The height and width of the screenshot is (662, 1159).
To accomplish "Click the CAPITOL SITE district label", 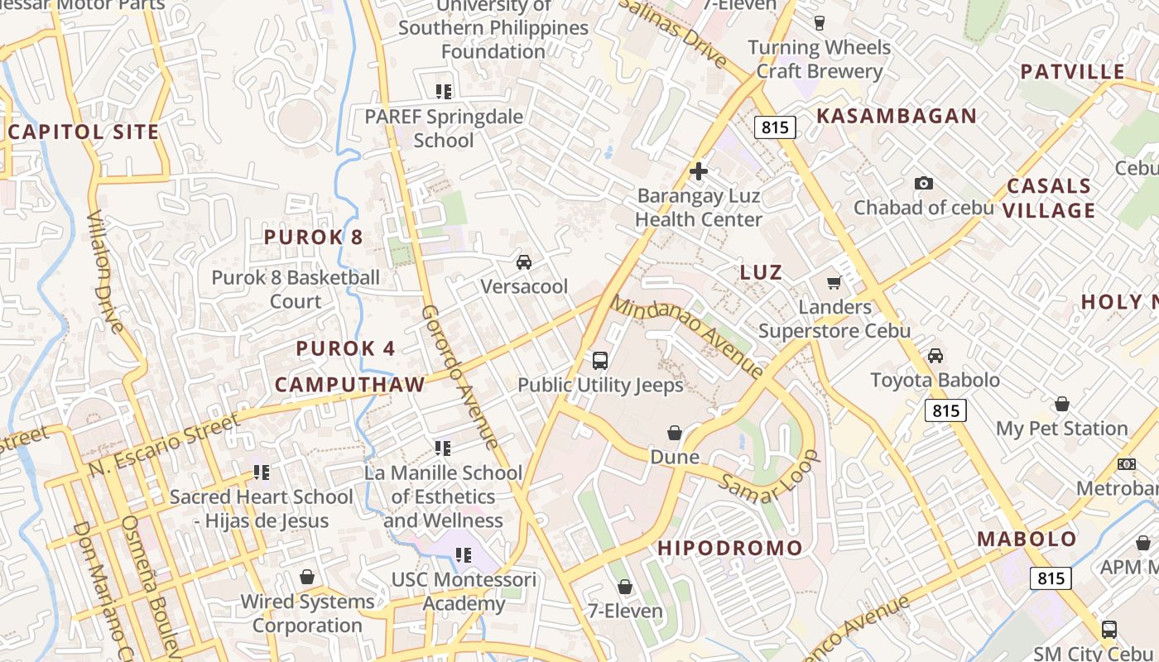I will [x=83, y=132].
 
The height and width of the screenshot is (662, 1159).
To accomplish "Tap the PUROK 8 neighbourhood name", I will [x=313, y=237].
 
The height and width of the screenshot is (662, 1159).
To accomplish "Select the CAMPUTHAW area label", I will [x=349, y=384].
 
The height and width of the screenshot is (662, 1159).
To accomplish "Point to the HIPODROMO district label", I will [x=730, y=548].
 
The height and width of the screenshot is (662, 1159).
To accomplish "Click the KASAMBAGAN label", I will [x=897, y=116].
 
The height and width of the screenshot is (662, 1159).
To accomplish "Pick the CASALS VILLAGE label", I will [x=1049, y=198].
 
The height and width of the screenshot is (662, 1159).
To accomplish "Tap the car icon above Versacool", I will [x=523, y=262].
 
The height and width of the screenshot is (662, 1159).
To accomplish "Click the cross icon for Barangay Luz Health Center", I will [x=699, y=172].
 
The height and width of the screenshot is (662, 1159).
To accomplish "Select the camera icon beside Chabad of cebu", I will [x=923, y=183].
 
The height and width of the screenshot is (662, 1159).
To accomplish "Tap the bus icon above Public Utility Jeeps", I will [x=600, y=361].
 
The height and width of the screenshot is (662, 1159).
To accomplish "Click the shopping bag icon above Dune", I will [x=675, y=433].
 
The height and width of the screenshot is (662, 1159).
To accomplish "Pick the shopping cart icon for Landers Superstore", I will [x=834, y=282].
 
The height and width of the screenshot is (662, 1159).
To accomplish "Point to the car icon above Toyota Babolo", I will [x=935, y=356].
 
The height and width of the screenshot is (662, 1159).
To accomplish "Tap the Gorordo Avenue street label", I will [x=459, y=377].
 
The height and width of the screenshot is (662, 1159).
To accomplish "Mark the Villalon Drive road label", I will [x=105, y=271].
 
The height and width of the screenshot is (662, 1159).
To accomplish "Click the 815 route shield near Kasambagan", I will [x=775, y=127].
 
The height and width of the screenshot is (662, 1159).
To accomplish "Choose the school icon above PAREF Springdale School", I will [x=444, y=91].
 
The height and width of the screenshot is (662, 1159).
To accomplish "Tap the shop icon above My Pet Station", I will [x=1061, y=404].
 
